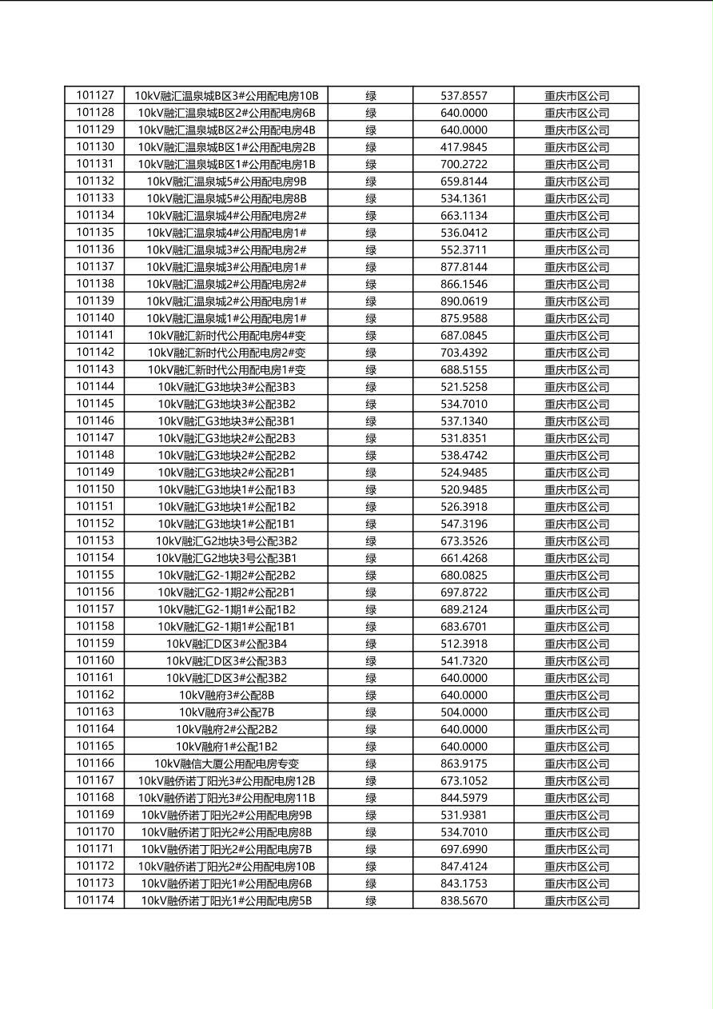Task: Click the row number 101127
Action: click(95, 96)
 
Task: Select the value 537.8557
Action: click(464, 96)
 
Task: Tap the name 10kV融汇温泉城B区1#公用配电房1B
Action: click(226, 164)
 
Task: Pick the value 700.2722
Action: click(464, 164)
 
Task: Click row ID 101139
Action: click(95, 301)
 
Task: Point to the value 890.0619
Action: click(464, 301)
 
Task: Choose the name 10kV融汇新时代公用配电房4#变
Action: click(226, 336)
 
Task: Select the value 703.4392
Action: click(464, 353)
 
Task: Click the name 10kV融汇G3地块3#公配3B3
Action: click(226, 387)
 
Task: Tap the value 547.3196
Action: click(464, 524)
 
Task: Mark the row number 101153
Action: click(95, 540)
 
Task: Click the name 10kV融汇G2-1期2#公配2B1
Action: click(226, 592)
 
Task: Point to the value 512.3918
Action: click(464, 644)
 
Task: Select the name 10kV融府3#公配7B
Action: click(226, 712)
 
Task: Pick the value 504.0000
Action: click(464, 712)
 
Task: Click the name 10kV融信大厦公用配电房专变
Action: click(226, 764)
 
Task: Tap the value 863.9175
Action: click(464, 764)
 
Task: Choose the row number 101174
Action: click(95, 900)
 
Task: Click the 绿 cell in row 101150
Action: click(371, 489)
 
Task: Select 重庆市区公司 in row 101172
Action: click(576, 867)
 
